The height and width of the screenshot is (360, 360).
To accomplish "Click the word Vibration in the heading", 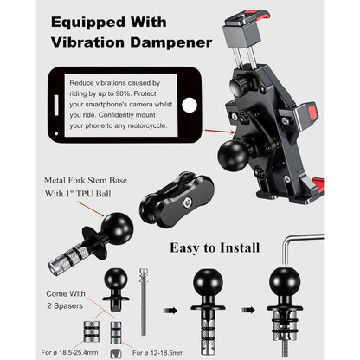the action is (88, 42).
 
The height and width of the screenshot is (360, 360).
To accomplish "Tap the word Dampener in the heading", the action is (170, 42).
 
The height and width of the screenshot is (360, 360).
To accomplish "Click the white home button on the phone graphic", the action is (190, 105).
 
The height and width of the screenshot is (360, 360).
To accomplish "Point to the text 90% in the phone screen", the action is (123, 93).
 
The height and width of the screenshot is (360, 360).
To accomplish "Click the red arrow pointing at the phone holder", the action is (220, 132).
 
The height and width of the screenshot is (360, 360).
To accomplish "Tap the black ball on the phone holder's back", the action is (233, 155).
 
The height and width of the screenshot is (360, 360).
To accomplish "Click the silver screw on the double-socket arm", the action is (187, 203).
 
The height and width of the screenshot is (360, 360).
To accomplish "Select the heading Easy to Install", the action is (215, 247).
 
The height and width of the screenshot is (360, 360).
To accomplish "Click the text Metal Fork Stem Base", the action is (86, 181).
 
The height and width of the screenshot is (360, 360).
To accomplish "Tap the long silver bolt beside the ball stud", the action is (144, 302).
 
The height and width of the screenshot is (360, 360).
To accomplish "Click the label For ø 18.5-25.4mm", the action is (69, 352).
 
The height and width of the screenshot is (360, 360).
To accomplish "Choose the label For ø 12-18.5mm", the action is (158, 353).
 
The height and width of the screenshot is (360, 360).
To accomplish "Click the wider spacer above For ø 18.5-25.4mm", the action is (92, 331).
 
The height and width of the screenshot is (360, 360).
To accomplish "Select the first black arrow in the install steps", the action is (170, 311).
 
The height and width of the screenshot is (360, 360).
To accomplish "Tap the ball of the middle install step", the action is (208, 283).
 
